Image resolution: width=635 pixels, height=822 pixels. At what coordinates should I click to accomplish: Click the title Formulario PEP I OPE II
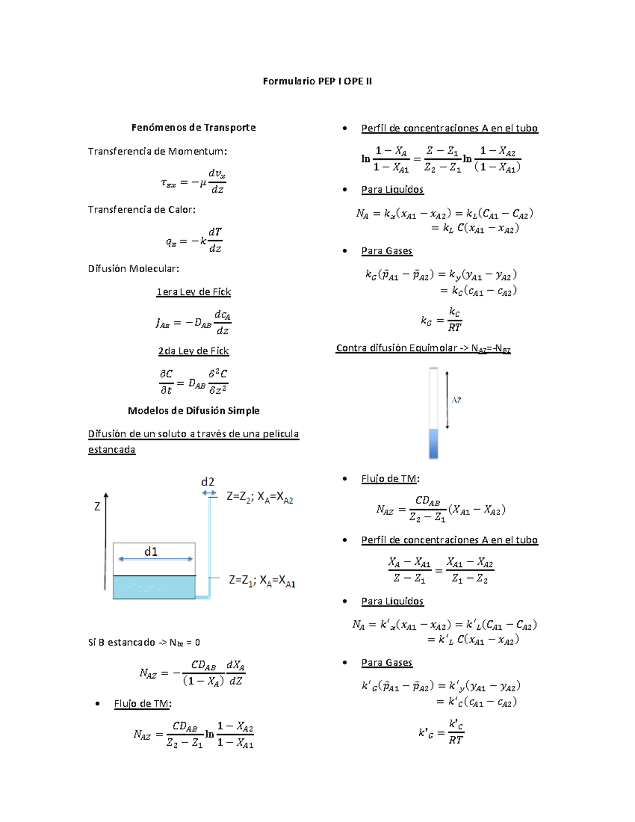[x=317, y=81]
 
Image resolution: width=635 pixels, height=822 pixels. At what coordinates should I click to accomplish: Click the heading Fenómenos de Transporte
[x=194, y=128]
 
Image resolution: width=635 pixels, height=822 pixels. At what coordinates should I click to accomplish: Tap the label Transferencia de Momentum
[x=157, y=151]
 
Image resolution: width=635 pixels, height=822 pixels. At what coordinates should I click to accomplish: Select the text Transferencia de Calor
[x=142, y=210]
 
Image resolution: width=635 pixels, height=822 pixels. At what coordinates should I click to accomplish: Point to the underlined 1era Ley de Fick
[x=194, y=292]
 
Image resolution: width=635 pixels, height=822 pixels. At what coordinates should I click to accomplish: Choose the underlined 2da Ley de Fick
[x=194, y=351]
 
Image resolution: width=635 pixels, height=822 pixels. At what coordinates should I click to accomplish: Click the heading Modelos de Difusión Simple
[x=194, y=411]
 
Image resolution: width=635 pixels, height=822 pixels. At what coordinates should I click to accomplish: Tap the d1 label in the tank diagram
[x=151, y=552]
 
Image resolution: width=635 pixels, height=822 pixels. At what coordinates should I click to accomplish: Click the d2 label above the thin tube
[x=207, y=482]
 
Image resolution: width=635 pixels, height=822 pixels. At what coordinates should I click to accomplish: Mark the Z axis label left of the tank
[x=97, y=507]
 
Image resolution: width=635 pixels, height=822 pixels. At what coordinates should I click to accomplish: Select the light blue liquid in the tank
[x=154, y=588]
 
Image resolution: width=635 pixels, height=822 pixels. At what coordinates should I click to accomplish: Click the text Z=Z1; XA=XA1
[x=262, y=581]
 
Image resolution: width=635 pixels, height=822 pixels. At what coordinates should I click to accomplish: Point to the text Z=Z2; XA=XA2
[x=260, y=497]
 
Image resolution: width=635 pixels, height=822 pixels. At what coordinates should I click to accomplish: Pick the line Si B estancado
[x=144, y=643]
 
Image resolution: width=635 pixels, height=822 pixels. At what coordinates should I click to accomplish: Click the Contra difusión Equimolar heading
[x=423, y=348]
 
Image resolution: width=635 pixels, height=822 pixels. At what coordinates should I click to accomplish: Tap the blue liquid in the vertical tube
[x=434, y=444]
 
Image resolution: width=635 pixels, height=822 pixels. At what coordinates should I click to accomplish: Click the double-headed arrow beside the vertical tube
[x=447, y=400]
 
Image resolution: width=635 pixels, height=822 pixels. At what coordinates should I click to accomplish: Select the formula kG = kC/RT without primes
[x=441, y=320]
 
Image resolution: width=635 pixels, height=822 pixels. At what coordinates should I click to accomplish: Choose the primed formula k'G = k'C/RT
[x=441, y=732]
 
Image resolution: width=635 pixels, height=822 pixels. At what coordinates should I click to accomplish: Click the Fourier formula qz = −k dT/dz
[x=194, y=240]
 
